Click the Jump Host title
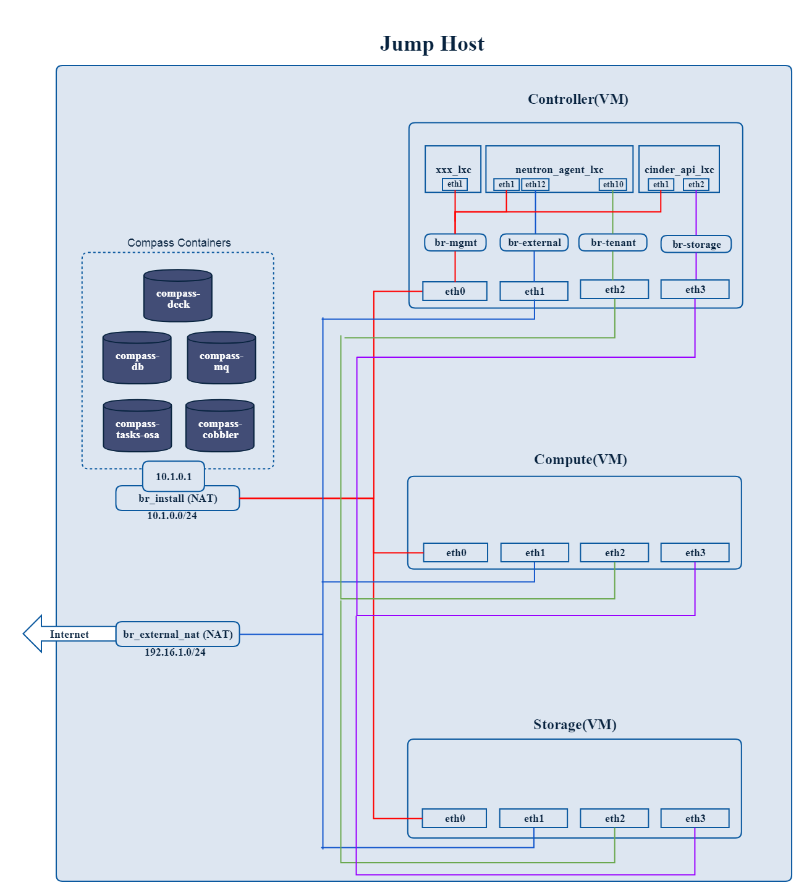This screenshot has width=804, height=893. tap(432, 44)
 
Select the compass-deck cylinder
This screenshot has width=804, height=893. tap(178, 297)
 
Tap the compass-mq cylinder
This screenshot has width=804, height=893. tap(221, 359)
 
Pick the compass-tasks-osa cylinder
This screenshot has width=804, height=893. tap(137, 427)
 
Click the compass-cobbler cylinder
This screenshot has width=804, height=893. tap(220, 427)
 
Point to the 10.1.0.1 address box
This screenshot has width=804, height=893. tap(174, 476)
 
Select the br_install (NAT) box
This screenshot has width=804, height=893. tap(177, 498)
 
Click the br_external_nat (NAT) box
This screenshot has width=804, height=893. tap(177, 634)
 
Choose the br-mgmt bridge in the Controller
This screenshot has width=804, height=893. tap(455, 242)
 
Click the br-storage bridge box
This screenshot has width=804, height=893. tap(696, 244)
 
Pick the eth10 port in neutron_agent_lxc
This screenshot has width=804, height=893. tap(613, 184)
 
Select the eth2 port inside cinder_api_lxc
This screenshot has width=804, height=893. tap(696, 184)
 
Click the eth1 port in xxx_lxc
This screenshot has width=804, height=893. tap(455, 184)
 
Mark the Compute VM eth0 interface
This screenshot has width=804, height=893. tap(455, 552)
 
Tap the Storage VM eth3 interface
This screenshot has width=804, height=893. tap(695, 818)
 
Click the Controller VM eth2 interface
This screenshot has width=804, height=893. tap(614, 289)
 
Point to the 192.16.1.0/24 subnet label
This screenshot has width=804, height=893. tap(175, 652)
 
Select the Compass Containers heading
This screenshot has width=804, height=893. tap(179, 243)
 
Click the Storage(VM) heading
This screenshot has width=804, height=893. tap(575, 724)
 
